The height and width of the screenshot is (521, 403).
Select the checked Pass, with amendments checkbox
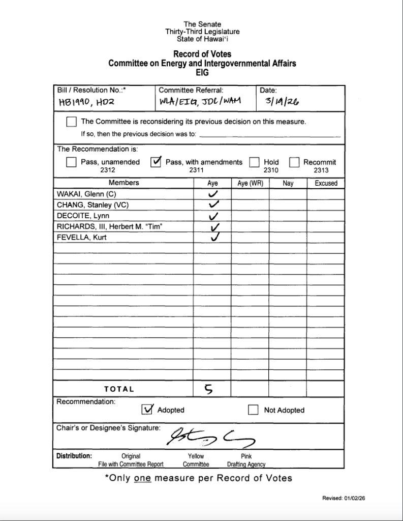coord(157,162)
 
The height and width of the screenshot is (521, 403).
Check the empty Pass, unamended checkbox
coord(72,163)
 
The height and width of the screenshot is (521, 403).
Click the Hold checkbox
coord(255,163)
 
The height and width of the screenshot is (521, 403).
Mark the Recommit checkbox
coord(294,163)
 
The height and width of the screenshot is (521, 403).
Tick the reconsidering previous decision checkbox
coord(72,122)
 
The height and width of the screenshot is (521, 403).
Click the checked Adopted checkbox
coord(147,410)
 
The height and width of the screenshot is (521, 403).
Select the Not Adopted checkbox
coord(253,410)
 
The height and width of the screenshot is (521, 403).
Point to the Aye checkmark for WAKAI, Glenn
coord(213,194)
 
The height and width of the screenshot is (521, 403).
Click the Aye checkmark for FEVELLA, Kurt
coord(214,237)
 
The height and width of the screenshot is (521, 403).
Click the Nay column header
coord(288,183)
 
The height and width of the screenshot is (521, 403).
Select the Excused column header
coord(326,183)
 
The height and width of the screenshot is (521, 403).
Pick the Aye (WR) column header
coord(250,183)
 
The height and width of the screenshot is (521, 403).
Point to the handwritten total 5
coord(209,389)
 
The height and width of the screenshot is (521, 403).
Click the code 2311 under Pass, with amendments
coord(196,170)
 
